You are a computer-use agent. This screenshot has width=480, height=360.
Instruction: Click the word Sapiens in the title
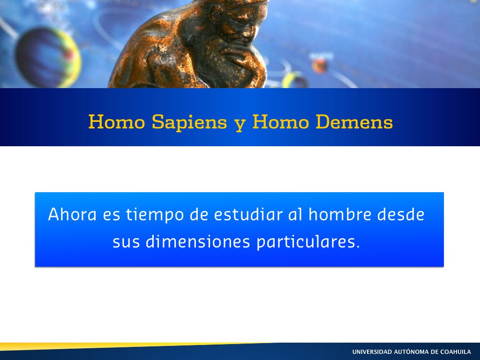(189, 122)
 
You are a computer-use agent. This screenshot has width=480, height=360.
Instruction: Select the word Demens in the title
(354, 122)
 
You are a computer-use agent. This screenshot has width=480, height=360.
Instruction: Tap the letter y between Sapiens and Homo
(240, 124)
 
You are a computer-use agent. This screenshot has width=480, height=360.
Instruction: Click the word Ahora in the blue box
(72, 214)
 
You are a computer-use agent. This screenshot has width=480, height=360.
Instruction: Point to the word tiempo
(155, 215)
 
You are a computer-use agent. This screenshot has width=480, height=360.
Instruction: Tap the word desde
(401, 214)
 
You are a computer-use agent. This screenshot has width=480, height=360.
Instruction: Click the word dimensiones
(198, 241)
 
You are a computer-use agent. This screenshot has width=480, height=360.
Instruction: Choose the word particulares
(308, 242)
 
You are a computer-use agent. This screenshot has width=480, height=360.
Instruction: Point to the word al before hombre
(295, 214)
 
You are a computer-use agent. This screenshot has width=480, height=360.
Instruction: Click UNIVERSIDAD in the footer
(372, 352)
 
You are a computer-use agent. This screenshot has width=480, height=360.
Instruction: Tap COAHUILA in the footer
(456, 352)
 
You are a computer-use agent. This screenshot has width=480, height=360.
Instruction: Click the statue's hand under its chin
(237, 52)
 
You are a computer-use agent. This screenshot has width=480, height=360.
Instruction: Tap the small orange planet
(319, 66)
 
